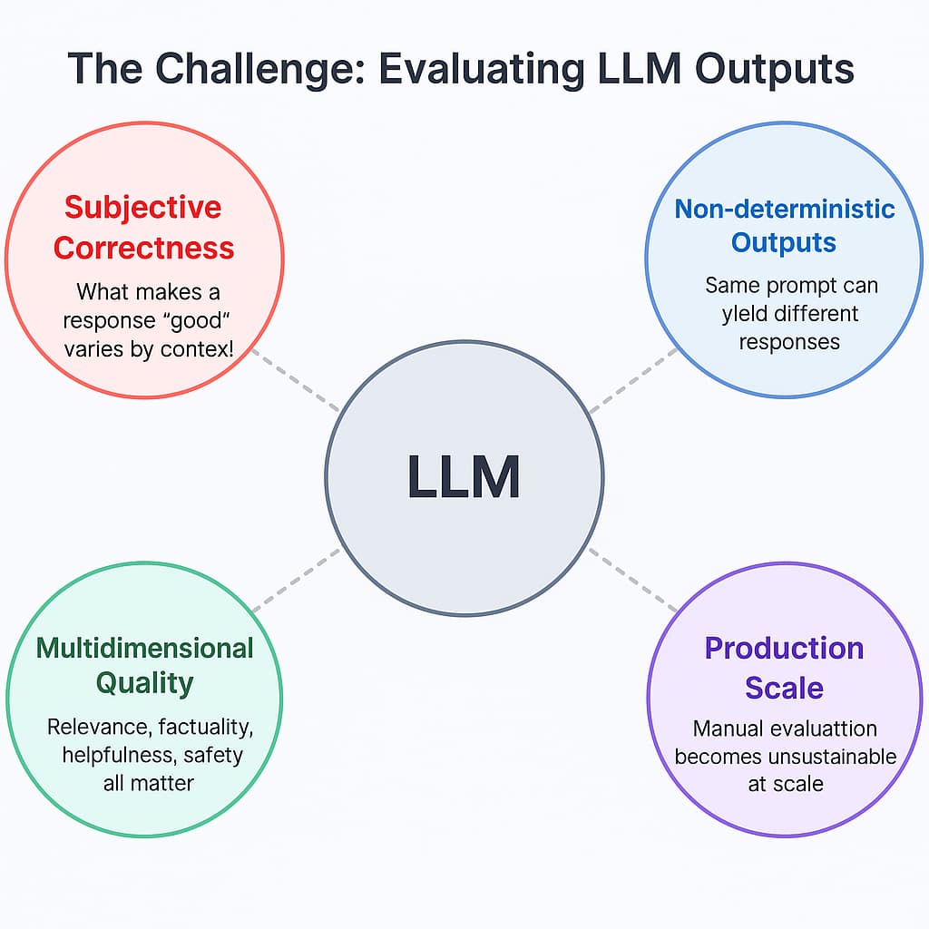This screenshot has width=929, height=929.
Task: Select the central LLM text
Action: [x=464, y=477]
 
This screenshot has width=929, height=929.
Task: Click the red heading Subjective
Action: [x=143, y=207]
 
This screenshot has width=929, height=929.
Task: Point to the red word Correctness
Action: [x=143, y=247]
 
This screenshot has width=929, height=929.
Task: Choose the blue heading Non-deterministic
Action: [x=785, y=209]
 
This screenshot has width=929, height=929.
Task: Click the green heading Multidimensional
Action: [x=144, y=648]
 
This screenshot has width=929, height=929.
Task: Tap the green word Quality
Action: [x=144, y=683]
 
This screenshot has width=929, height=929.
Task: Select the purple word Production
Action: [x=784, y=648]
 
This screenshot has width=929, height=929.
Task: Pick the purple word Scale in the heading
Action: [x=784, y=688]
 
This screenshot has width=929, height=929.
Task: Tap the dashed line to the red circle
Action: [x=294, y=378]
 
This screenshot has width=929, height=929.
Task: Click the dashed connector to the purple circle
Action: [x=632, y=581]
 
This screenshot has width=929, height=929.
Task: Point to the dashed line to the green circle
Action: [x=296, y=579]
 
